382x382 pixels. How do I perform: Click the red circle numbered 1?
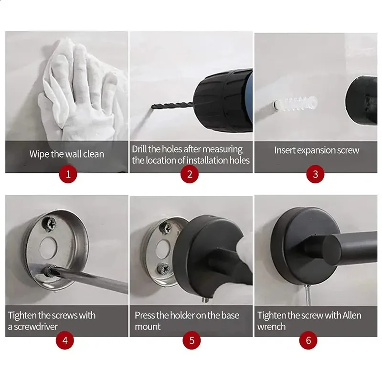pyautogui.click(x=68, y=174)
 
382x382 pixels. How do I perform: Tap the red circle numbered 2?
pyautogui.click(x=190, y=174)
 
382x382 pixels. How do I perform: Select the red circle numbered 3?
pyautogui.click(x=315, y=174)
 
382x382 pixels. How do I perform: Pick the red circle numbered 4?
pyautogui.click(x=65, y=340)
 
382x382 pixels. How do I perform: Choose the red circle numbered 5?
pyautogui.click(x=192, y=340)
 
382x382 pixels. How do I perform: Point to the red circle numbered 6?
pyautogui.click(x=308, y=340)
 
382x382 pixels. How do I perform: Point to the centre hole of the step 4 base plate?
pyautogui.click(x=48, y=248)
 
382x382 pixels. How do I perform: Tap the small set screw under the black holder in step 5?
pyautogui.click(x=206, y=300)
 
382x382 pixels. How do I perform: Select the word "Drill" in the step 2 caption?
pyautogui.click(x=139, y=149)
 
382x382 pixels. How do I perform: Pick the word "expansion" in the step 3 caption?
pyautogui.click(x=316, y=150)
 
